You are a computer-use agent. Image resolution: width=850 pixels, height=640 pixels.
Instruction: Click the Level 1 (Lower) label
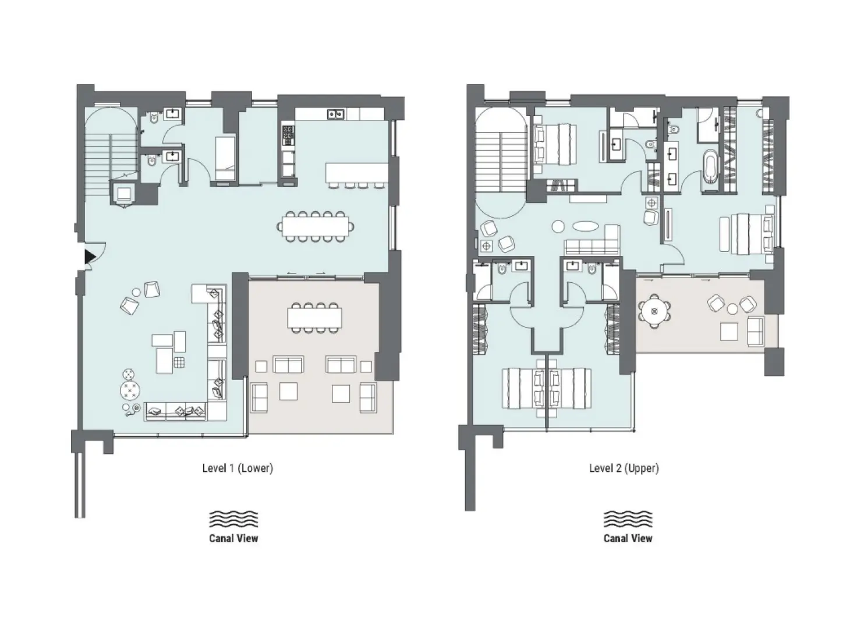pos(237,468)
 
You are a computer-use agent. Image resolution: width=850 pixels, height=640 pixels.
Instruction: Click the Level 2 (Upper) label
pos(624,468)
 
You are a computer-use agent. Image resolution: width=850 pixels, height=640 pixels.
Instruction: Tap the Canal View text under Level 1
pos(233,539)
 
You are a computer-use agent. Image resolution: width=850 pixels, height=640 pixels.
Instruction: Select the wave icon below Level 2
pos(628,519)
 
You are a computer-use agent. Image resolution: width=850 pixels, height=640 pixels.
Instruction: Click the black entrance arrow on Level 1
pos(89,256)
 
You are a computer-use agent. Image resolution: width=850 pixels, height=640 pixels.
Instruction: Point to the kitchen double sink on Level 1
pos(335,114)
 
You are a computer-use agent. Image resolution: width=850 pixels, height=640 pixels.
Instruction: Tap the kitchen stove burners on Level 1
pos(288,135)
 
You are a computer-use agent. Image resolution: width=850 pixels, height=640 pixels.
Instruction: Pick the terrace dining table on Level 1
pos(314,317)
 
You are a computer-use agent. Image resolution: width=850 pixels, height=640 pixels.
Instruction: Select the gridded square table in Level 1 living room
pos(179,364)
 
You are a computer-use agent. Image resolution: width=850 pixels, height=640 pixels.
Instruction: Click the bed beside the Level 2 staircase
pos(554,145)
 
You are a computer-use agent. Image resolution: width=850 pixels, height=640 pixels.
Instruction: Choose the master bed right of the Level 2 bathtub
pos(747,233)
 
